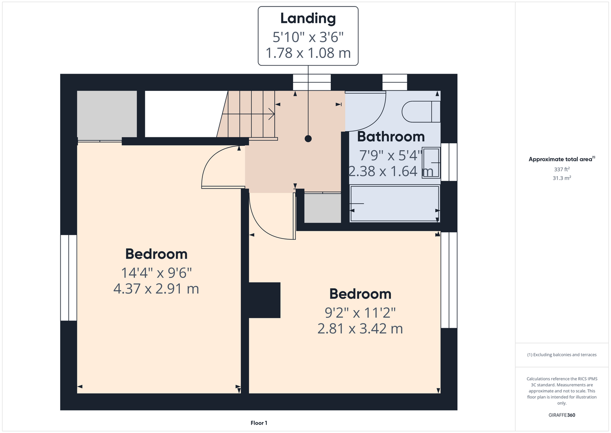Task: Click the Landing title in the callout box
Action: coord(308,19)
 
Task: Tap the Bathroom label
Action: coord(391,136)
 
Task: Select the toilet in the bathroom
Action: coord(421,112)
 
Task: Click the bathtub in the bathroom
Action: coord(394,204)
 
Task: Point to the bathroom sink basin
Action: coord(431,163)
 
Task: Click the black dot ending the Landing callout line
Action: coord(308,139)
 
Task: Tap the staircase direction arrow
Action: coord(272,114)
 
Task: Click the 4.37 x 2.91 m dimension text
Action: coord(156,289)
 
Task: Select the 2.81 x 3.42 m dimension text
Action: coord(360,329)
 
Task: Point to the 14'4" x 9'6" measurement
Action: coord(156,273)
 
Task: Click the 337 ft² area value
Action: coord(562,169)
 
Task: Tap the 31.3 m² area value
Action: coord(562,178)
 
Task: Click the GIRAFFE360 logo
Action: coord(562,415)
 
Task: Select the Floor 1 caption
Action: coord(259,423)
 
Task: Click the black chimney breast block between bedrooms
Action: coord(265,300)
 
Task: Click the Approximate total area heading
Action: coord(562,159)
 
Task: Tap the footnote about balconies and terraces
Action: coord(562,355)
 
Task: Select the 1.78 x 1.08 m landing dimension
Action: coord(308,53)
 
